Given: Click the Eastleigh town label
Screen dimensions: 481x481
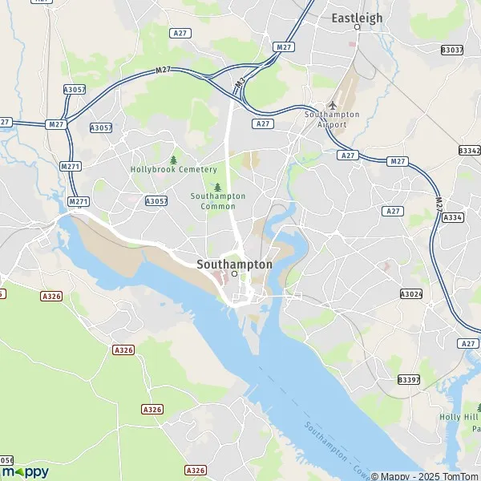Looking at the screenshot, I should pos(357,17).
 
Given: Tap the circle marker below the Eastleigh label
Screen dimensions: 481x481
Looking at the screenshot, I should pos(357,27).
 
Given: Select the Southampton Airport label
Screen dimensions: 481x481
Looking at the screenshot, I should pos(332,119).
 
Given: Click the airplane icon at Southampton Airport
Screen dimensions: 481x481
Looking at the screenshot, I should pos(333,106).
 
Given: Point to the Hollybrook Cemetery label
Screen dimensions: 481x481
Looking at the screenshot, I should pos(173,169).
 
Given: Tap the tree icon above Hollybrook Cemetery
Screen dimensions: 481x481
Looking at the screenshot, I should pos(173,159).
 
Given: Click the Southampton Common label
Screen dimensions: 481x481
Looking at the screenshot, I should pos(217,200).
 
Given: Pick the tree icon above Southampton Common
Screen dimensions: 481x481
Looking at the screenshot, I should pos(217,186).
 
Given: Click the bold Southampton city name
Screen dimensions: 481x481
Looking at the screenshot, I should pos(234,263).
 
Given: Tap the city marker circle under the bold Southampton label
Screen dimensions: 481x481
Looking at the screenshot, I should pos(234,273).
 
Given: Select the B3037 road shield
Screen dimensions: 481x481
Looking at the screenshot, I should pos(452,50).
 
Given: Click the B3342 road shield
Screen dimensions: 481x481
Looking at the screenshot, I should pos(469,150).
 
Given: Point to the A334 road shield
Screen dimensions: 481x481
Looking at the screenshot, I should pos(453,217).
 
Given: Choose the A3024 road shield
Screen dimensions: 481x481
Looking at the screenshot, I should pos(410,295).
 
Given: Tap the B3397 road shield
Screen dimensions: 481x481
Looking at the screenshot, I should pos(408,379).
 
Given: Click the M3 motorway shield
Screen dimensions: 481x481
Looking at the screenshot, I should pos(239,83).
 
